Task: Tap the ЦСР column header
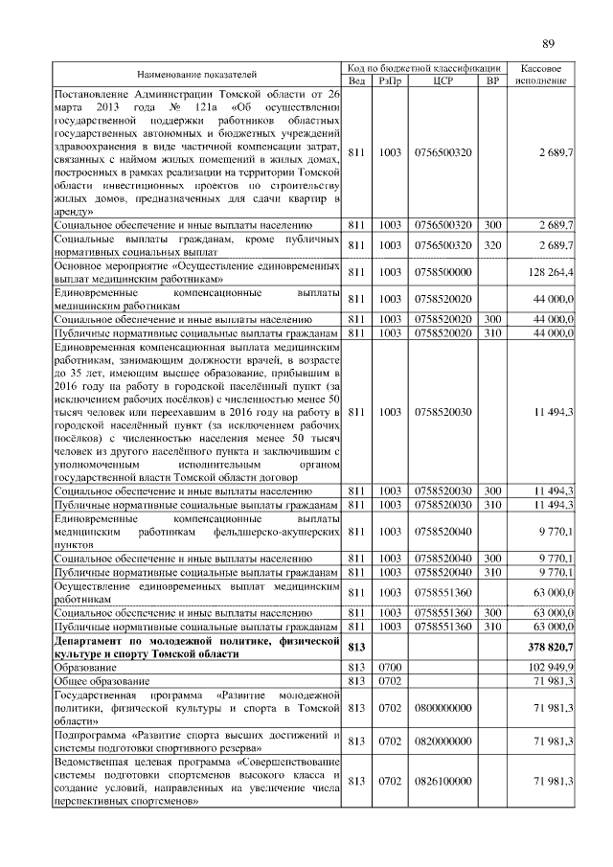pyautogui.click(x=443, y=80)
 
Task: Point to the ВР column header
pyautogui.click(x=492, y=80)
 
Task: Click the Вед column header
pyautogui.click(x=356, y=80)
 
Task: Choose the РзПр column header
pyautogui.click(x=390, y=80)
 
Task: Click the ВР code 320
pyautogui.click(x=492, y=245)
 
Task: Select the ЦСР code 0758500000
pyautogui.click(x=443, y=272)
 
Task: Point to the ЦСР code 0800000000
pyautogui.click(x=443, y=707)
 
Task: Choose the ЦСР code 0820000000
pyautogui.click(x=443, y=741)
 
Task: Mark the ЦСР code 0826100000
pyautogui.click(x=443, y=781)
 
